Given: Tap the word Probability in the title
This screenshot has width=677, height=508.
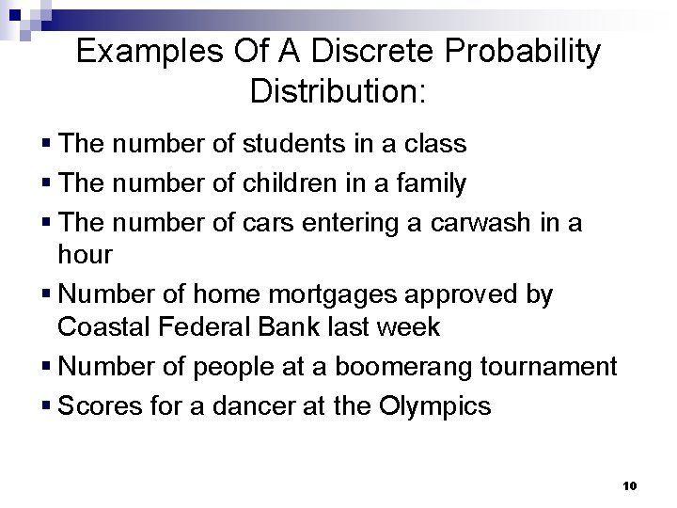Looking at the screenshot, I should [510, 52].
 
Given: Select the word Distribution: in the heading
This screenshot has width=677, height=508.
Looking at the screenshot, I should [338, 92].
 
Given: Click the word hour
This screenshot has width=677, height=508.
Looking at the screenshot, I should [86, 256].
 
